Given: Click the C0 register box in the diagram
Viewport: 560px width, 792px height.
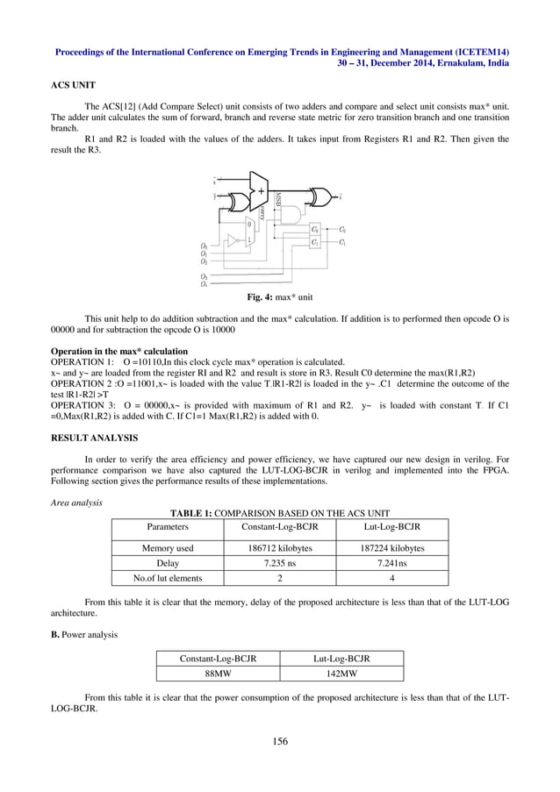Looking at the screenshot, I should (316, 229).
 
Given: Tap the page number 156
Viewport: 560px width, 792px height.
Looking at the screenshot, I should (279, 741).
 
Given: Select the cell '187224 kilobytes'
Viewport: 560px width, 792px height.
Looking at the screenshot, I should (391, 548).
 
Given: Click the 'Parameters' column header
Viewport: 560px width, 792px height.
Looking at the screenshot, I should (167, 527).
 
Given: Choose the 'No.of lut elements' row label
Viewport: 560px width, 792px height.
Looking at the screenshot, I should (167, 578).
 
